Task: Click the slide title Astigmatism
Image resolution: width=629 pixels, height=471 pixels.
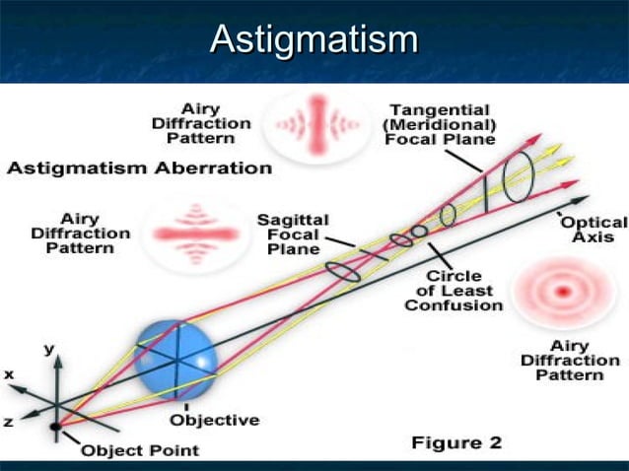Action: [x=314, y=40]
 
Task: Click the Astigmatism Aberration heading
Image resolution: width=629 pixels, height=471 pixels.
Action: [x=139, y=168]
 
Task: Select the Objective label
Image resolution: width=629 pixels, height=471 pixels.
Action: [x=214, y=420]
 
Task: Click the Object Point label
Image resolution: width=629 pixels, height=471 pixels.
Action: [x=139, y=450]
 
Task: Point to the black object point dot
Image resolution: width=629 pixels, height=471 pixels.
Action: [x=55, y=426]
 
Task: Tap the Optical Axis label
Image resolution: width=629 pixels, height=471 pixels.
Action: [x=594, y=230]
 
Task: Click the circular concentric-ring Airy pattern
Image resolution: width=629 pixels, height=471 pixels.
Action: [x=563, y=292]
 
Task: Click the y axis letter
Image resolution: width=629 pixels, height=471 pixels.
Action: [x=48, y=350]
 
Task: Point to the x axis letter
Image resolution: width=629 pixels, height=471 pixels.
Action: [x=9, y=374]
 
